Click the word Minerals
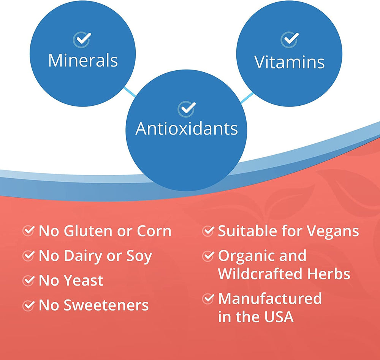(83, 60)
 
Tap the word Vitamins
(289, 62)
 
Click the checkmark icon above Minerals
(82, 40)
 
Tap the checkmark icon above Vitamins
(289, 40)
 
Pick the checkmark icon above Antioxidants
(187, 109)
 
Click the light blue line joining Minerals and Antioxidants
(130, 92)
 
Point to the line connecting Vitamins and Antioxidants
(247, 98)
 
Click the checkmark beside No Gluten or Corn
(28, 230)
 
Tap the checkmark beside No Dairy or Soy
(28, 255)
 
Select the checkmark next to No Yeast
(28, 280)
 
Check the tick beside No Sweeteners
(28, 305)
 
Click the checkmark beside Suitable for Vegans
(208, 230)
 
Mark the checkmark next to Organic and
(208, 255)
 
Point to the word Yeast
(83, 281)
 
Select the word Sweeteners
(106, 305)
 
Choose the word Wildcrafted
(260, 274)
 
